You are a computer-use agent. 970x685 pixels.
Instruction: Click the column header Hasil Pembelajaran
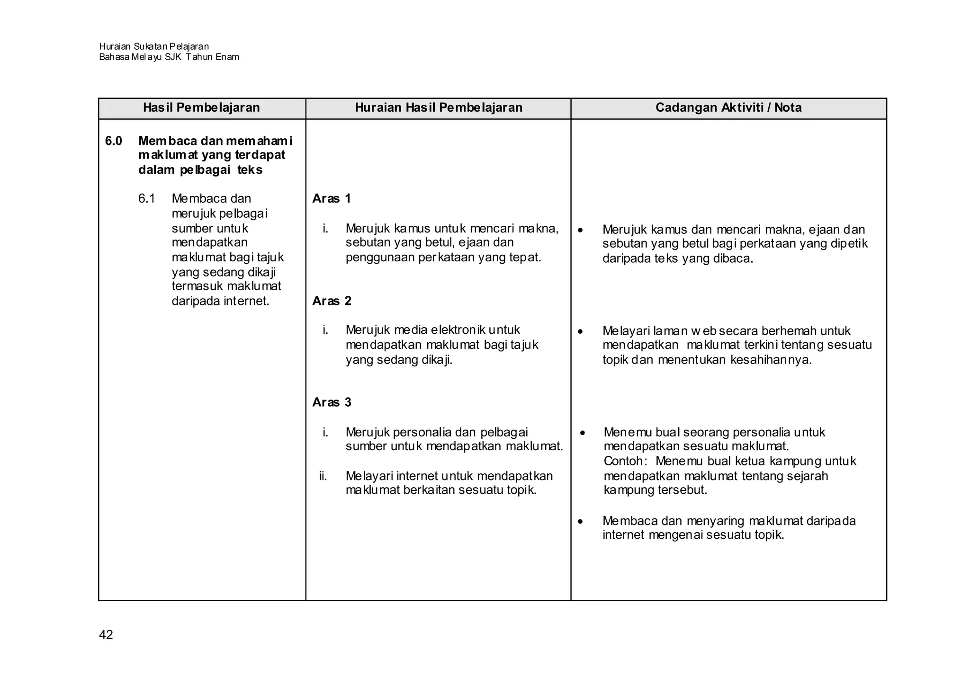tap(201, 108)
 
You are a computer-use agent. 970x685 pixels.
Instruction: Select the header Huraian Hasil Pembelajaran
tap(439, 108)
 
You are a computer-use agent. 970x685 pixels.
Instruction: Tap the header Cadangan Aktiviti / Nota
tap(728, 108)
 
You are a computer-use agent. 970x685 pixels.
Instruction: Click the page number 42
tap(106, 635)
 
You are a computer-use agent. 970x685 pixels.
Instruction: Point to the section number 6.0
tap(114, 141)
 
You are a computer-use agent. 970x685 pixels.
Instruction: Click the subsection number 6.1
tap(147, 199)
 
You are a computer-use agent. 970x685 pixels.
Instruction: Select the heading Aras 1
tap(332, 199)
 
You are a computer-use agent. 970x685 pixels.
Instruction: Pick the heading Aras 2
tap(332, 301)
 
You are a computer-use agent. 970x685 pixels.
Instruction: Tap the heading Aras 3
tap(332, 402)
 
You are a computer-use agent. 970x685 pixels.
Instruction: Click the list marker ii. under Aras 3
tap(323, 476)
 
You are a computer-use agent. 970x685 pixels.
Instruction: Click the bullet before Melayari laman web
tap(581, 332)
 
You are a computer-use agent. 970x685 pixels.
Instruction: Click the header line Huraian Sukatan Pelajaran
tap(154, 46)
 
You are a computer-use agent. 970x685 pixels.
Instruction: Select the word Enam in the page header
tap(227, 57)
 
